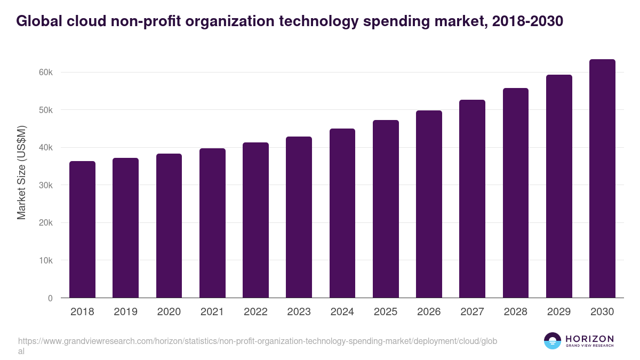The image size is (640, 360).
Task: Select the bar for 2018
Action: click(82, 229)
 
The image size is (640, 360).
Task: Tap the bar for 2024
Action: click(342, 213)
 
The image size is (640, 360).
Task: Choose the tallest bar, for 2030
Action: click(602, 179)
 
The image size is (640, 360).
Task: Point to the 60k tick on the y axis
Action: click(46, 72)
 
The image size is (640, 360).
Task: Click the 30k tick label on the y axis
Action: click(46, 185)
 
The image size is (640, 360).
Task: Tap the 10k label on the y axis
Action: click(46, 260)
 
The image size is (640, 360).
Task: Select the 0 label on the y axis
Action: click(50, 298)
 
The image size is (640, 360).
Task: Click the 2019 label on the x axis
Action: click(125, 312)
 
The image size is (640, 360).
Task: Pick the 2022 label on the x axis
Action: click(255, 312)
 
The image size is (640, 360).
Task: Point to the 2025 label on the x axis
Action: click(386, 312)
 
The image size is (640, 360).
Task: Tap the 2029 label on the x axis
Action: click(559, 312)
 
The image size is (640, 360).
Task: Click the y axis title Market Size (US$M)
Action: click(21, 172)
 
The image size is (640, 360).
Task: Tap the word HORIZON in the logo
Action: click(589, 339)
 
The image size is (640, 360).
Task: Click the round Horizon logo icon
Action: click(553, 341)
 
